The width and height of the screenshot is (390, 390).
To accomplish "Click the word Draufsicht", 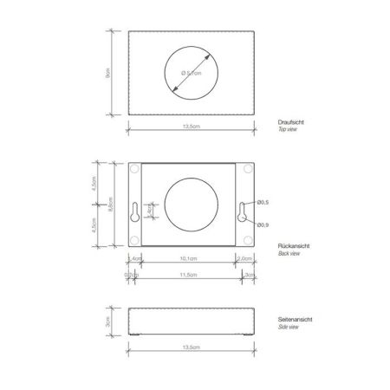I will click(292, 121).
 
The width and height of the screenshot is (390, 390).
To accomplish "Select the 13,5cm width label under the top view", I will click(192, 126).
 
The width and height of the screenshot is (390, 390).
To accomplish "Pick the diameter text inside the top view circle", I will click(192, 74).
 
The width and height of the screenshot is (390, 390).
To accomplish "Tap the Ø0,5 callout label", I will click(263, 202).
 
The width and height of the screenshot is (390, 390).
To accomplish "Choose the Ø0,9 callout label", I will click(263, 225).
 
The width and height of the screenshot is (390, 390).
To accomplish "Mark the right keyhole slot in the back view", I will click(244, 211).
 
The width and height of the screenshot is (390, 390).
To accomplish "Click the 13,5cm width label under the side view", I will click(192, 346).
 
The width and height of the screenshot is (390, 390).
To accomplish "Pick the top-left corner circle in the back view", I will click(134, 172).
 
